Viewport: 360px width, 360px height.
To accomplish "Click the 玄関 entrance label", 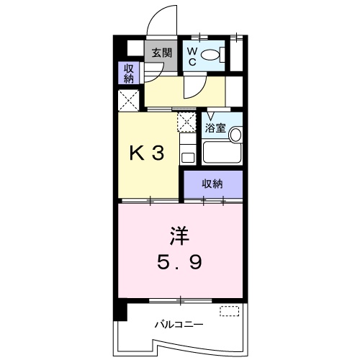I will pos(161,52).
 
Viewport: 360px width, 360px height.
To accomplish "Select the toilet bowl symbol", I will pos(210,55).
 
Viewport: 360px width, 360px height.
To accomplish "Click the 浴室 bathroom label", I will pos(215,129).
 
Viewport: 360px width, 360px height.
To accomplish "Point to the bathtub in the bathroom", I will pos(221,152).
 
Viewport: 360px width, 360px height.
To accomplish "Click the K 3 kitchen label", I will pos(147,153).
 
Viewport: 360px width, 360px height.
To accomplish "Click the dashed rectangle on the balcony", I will pos(229,311).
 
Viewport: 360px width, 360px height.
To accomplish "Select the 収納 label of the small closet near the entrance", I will pos(129,73).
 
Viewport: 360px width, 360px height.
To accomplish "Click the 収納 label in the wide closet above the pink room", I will pos(212,184).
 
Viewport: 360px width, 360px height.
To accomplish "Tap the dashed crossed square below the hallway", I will pos(186,121).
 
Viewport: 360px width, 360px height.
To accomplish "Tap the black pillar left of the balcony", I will pos(119,312).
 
